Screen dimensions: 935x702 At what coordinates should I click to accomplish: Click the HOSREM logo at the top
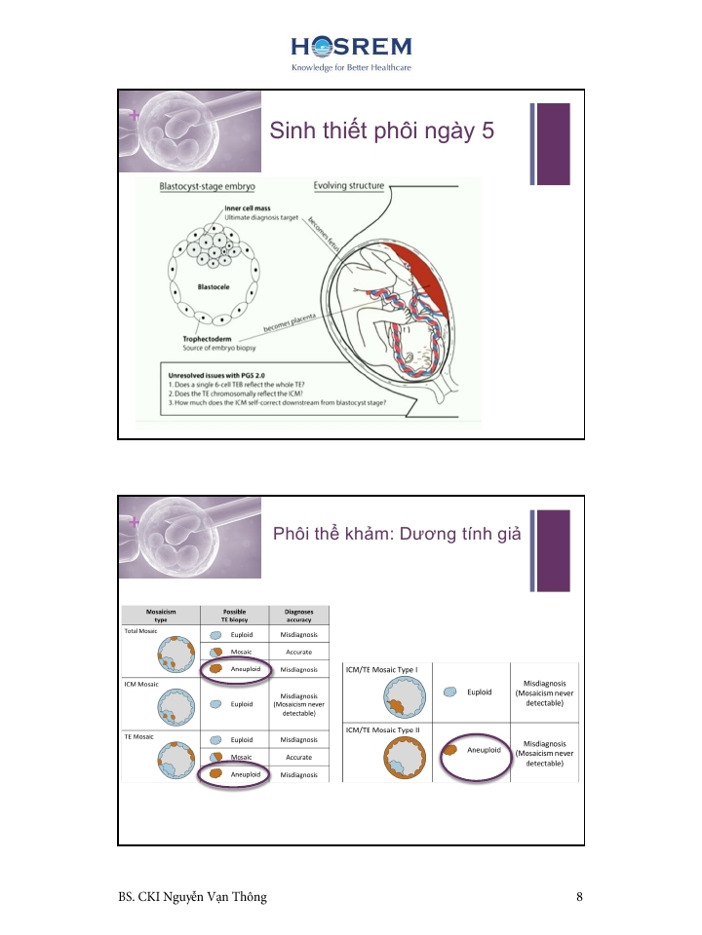point(351,47)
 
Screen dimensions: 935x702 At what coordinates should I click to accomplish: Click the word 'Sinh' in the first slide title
point(292,131)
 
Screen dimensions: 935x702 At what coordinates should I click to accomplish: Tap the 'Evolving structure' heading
point(348,186)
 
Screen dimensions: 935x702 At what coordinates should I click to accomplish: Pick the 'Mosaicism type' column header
point(160,615)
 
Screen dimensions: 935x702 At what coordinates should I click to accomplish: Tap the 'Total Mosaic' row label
point(141,631)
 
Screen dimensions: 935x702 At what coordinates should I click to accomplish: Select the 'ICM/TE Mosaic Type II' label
point(382,729)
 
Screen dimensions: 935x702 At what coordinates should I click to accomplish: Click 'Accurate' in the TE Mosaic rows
point(298,757)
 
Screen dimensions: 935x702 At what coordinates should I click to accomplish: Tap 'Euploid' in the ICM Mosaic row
point(243,703)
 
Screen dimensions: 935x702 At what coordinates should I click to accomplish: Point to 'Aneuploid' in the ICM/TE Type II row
point(484,751)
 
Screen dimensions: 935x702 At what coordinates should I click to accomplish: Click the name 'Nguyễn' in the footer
point(194,897)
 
